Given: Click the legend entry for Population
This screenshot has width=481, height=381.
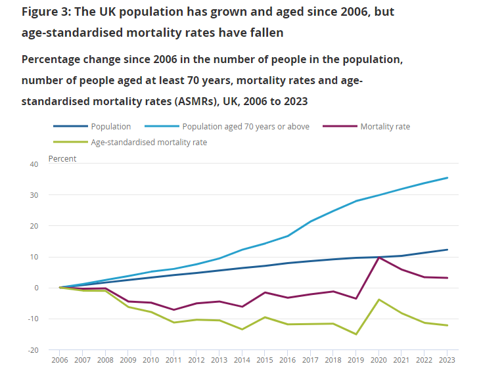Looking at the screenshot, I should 111,127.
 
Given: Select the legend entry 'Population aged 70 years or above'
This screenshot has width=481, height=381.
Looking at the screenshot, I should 246,127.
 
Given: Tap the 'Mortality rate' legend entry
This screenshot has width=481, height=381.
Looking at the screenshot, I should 384,127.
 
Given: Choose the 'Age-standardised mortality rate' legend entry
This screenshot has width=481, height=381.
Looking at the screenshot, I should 149,142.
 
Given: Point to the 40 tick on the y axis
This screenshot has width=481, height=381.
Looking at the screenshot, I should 34,164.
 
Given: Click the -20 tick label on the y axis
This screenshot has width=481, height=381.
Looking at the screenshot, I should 32,349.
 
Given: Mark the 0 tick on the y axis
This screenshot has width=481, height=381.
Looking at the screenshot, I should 35,288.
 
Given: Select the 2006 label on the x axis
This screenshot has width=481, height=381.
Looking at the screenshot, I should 60,361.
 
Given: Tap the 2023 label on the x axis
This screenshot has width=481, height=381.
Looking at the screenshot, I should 447,361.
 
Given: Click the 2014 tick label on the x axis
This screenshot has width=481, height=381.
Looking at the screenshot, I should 242,361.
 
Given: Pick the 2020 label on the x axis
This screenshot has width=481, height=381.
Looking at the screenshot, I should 379,361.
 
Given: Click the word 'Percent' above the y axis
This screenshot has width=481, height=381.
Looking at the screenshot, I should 62,159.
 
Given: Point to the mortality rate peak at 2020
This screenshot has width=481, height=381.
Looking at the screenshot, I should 379,258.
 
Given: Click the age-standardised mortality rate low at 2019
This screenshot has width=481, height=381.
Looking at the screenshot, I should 356,334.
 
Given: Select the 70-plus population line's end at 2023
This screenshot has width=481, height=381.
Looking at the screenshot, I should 447,177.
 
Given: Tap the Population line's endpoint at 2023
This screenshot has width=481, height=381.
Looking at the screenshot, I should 447,250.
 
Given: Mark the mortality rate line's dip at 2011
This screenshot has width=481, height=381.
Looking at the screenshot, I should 174,309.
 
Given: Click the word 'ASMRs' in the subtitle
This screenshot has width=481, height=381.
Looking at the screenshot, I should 204,102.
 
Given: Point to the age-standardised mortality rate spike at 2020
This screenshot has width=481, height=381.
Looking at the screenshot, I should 379,300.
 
